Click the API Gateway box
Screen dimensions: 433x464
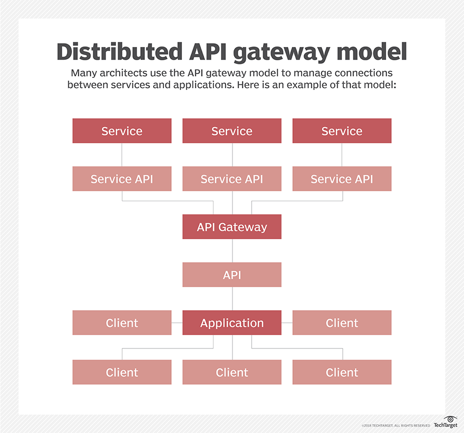pos(232,227)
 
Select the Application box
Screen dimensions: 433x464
pos(232,323)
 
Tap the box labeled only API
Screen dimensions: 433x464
pos(232,275)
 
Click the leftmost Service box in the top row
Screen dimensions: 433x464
pos(122,131)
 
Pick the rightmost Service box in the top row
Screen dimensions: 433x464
pos(342,131)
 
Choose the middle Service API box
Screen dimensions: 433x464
pos(232,179)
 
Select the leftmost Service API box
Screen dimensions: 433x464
pos(122,179)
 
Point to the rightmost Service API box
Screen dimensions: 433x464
pos(342,179)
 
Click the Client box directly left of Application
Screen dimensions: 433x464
pos(122,323)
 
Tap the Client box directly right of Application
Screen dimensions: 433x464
pos(342,323)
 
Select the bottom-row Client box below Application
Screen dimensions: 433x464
pos(232,372)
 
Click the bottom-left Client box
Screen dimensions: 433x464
pos(122,372)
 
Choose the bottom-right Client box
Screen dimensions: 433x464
pos(342,372)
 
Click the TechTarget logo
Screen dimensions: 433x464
pos(445,422)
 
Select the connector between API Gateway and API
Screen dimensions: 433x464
pos(232,251)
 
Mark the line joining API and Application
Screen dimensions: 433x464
pos(232,298)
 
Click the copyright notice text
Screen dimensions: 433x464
pos(395,425)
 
